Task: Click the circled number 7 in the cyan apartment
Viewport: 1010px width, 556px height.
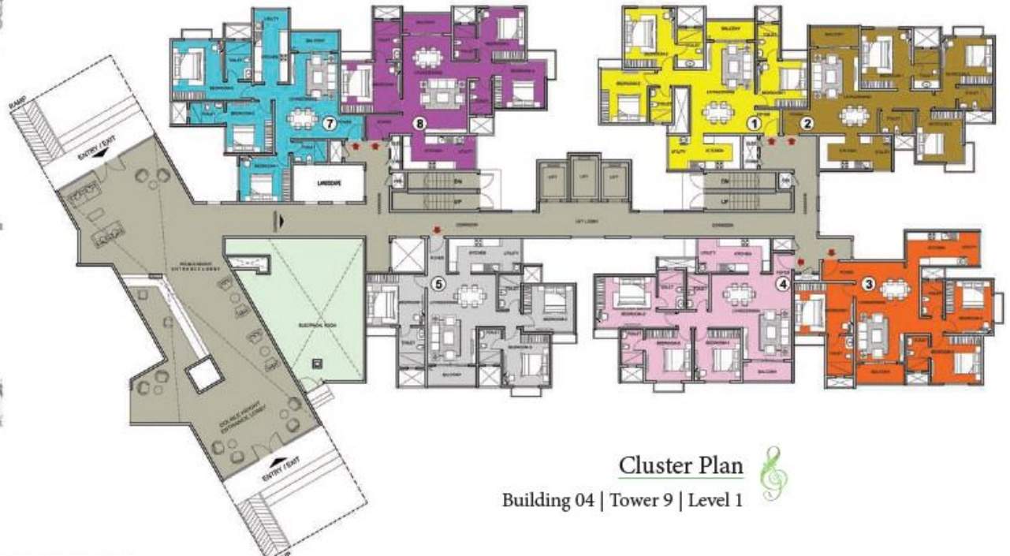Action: [330, 123]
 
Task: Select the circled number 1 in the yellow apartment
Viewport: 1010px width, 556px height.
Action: [754, 123]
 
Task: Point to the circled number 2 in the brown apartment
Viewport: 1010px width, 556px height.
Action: [807, 122]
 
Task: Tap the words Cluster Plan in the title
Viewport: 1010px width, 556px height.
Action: [680, 465]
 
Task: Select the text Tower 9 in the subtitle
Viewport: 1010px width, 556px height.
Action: [641, 501]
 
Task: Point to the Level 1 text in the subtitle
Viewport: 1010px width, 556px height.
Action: [715, 501]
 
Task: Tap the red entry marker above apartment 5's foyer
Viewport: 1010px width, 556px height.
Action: [436, 230]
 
